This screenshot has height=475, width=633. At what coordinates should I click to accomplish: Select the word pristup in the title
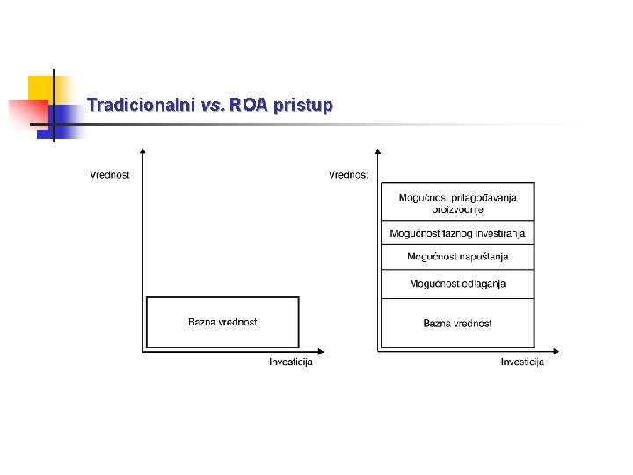click(303, 106)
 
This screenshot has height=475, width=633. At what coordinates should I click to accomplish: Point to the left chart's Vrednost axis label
click(110, 174)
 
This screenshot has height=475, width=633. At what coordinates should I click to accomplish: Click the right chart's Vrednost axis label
click(349, 174)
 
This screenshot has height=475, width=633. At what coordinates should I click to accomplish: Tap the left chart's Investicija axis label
click(291, 362)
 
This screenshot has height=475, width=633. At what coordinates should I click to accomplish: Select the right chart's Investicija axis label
click(522, 362)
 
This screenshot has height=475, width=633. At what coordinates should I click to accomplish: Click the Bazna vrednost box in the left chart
click(222, 322)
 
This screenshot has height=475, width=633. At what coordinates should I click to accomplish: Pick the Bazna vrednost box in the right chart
click(457, 323)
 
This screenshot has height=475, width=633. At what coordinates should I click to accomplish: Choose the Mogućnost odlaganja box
click(457, 283)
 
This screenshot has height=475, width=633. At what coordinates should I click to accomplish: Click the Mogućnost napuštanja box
click(457, 257)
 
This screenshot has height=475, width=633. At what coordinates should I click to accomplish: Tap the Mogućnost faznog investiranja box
click(457, 233)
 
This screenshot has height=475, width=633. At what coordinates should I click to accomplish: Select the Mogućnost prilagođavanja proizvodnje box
click(457, 203)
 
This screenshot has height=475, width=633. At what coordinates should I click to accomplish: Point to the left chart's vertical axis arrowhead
click(142, 151)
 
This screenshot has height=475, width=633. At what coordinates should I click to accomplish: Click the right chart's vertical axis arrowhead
click(378, 151)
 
